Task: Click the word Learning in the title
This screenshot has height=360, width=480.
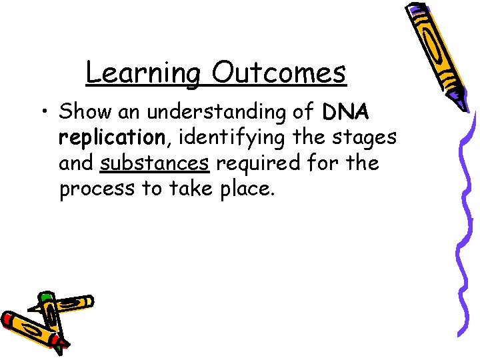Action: tap(142, 73)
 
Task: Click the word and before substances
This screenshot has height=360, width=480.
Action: tap(77, 163)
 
